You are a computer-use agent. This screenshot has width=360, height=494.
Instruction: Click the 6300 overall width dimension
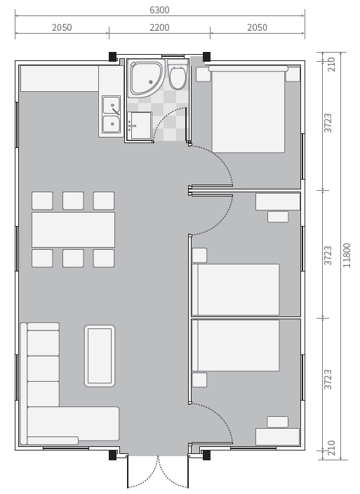click(159, 10)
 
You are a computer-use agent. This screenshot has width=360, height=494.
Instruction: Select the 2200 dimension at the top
click(159, 28)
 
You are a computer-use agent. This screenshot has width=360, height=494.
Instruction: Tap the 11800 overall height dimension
click(347, 255)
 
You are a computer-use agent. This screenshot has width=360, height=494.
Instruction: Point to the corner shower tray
click(147, 78)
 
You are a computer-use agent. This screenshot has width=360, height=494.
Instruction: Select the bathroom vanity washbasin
click(140, 125)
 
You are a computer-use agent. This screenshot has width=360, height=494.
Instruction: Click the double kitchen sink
click(111, 114)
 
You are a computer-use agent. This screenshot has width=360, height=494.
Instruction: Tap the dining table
click(74, 229)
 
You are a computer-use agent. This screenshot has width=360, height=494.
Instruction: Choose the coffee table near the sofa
click(100, 356)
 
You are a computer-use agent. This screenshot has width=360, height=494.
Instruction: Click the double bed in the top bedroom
click(248, 109)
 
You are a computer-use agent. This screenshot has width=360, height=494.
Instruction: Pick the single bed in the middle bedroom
click(236, 290)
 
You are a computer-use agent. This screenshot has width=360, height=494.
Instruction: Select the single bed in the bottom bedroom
click(236, 346)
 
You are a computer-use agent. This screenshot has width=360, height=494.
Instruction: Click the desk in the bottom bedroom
click(277, 436)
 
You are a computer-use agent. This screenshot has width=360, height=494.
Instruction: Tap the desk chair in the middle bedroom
click(278, 217)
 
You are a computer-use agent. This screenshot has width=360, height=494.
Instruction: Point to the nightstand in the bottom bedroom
click(200, 380)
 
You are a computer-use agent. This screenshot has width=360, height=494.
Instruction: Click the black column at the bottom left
click(112, 455)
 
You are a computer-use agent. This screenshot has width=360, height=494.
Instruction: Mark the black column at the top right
click(206, 57)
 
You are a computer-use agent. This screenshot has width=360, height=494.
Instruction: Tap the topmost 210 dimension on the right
click(331, 65)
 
